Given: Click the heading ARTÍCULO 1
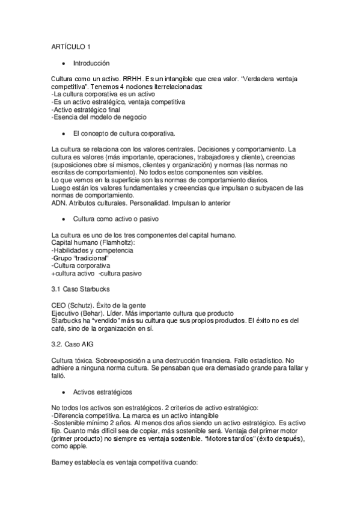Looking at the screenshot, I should [x=71, y=47].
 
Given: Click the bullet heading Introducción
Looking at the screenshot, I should [x=91, y=63].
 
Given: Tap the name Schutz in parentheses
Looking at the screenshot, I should [x=85, y=306].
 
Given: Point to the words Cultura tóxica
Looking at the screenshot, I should [x=72, y=360].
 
